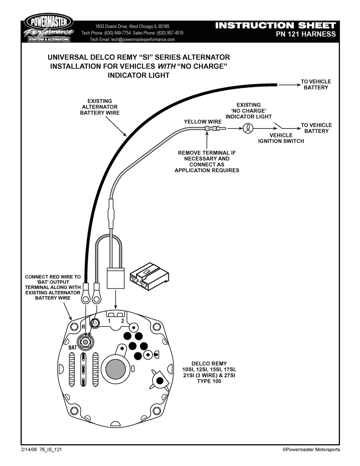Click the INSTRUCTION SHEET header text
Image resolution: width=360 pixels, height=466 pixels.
pyautogui.click(x=275, y=25)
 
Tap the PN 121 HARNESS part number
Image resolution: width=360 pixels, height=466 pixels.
pyautogui.click(x=306, y=34)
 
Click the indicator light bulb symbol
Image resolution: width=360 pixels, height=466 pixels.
pyautogui.click(x=248, y=128)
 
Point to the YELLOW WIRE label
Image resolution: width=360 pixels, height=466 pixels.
pyautogui.click(x=202, y=122)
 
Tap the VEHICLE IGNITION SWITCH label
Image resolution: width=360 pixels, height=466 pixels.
pyautogui.click(x=281, y=138)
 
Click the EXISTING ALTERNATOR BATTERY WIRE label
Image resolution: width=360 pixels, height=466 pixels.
pyautogui.click(x=100, y=107)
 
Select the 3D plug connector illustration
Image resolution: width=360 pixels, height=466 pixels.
pyautogui.click(x=150, y=276)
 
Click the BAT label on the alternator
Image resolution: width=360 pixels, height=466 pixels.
pyautogui.click(x=73, y=348)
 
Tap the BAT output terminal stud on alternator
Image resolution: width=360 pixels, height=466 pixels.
pyautogui.click(x=86, y=342)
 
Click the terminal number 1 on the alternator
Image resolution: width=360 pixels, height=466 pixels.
pyautogui.click(x=109, y=321)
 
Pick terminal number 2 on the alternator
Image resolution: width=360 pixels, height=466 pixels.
pyautogui.click(x=123, y=321)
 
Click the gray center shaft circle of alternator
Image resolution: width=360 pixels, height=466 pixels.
pyautogui.click(x=115, y=369)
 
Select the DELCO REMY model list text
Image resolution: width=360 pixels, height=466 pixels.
pyautogui.click(x=209, y=372)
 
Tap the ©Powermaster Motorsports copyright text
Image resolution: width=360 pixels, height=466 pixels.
pyautogui.click(x=311, y=450)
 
